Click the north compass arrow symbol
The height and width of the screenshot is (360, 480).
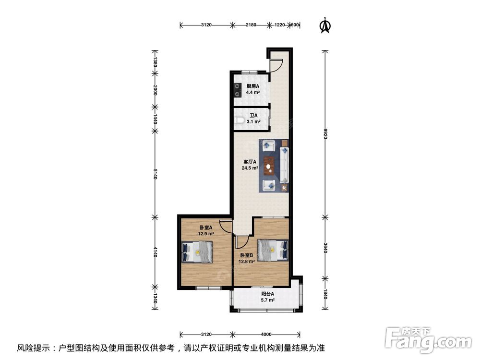coord(325,26)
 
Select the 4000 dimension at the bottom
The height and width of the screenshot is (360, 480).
coord(266,335)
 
